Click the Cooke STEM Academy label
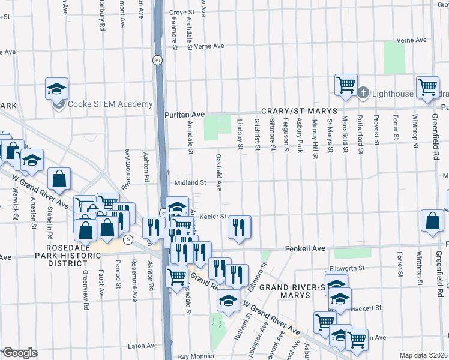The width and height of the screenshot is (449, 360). [x=110, y=104]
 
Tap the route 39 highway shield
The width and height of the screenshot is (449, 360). [x=157, y=60]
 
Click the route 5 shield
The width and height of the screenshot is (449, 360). [x=128, y=240]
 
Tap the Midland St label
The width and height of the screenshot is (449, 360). [x=190, y=182]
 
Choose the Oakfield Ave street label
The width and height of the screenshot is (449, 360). [x=219, y=174]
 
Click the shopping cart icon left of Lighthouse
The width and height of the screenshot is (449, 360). [x=346, y=85]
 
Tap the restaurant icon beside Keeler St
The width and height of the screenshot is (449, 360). [x=240, y=227]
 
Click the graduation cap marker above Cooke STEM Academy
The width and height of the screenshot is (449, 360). [x=56, y=89]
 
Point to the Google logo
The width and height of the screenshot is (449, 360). [x=20, y=353]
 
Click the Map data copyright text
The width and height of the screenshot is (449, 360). [x=423, y=355]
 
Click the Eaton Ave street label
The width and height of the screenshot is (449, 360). [x=142, y=346]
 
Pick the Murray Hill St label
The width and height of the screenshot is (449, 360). [x=315, y=139]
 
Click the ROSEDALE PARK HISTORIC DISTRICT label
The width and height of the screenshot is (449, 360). [x=72, y=255]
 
